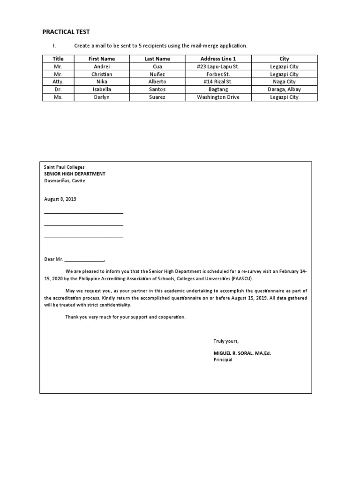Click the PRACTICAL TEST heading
(66, 31)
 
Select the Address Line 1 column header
(218, 59)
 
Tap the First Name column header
(102, 59)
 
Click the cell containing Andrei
(102, 67)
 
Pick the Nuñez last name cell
(157, 74)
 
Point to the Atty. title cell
(58, 82)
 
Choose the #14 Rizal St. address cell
(218, 82)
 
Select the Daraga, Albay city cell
(284, 89)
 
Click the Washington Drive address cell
(218, 97)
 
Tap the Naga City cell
(284, 82)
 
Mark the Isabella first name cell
(102, 89)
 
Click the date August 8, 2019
(60, 199)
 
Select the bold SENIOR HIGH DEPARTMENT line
(75, 173)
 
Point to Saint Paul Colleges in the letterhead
(65, 166)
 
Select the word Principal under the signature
(223, 360)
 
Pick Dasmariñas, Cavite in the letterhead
(65, 180)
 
